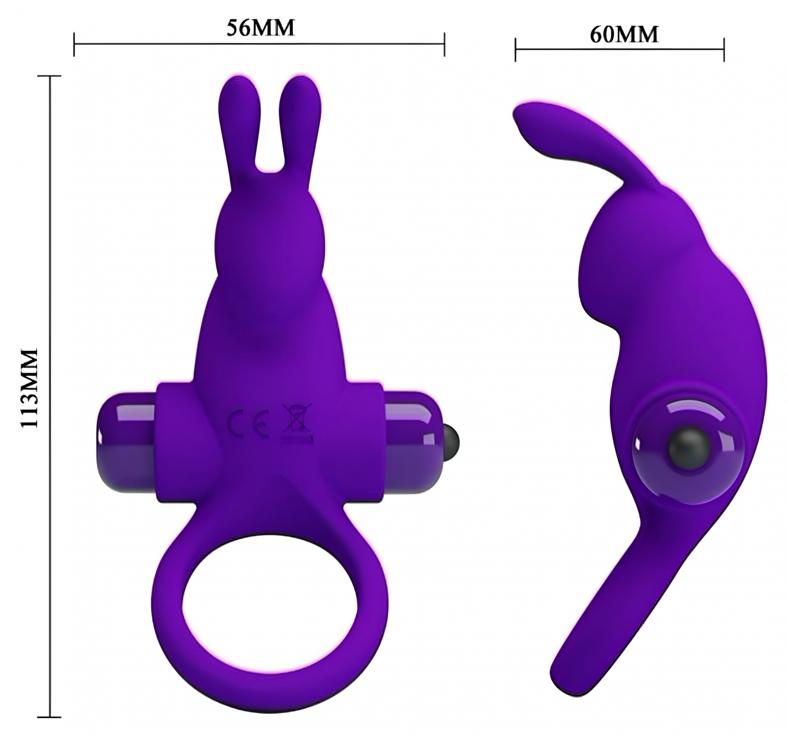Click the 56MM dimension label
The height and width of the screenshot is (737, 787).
[260, 28]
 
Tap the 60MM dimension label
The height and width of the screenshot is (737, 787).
[624, 35]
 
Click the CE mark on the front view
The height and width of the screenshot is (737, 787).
[249, 423]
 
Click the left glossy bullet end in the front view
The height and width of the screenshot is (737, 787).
[127, 444]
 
